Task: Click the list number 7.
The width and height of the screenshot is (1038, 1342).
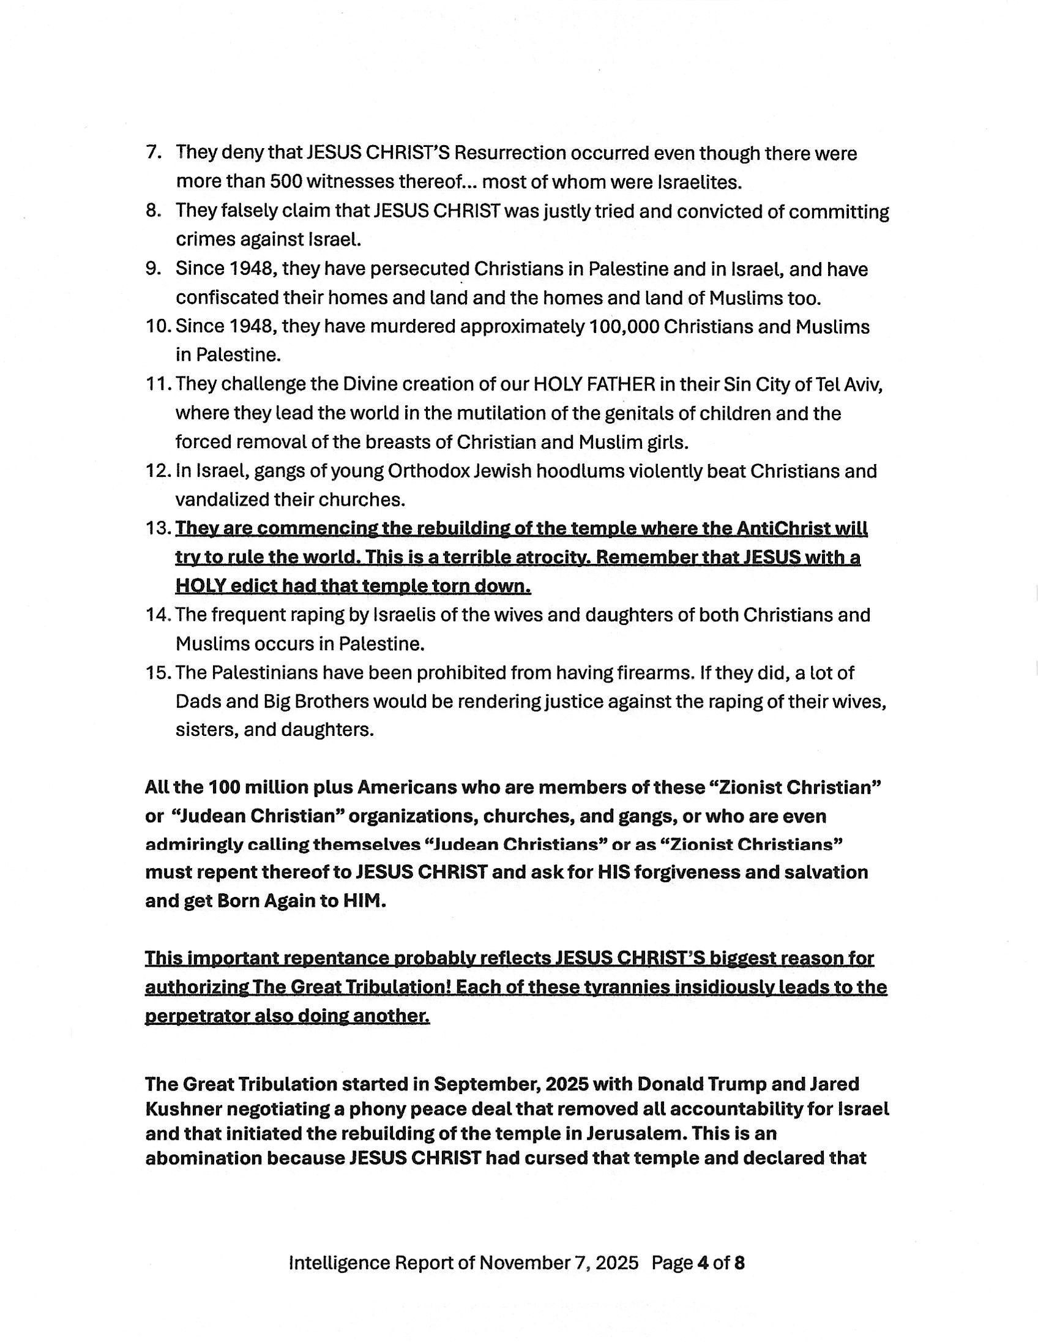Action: click(153, 152)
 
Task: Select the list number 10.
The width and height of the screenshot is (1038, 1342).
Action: click(158, 326)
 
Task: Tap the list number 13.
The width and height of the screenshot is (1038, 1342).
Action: click(158, 528)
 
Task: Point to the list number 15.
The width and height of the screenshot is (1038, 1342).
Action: click(158, 673)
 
